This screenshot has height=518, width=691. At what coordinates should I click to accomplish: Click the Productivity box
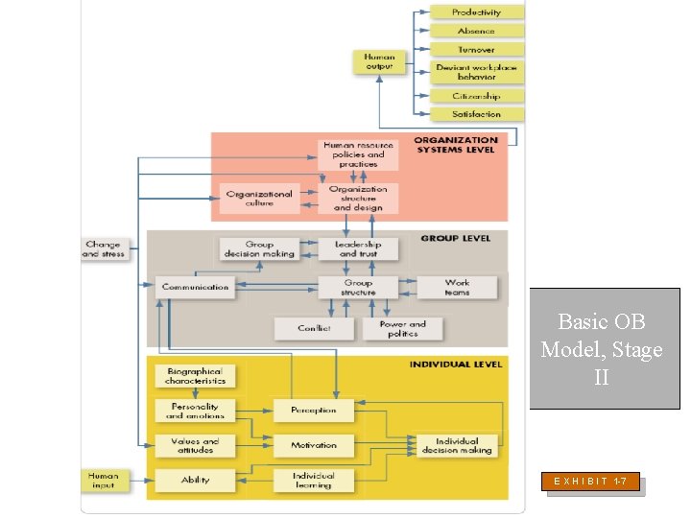pyautogui.click(x=477, y=12)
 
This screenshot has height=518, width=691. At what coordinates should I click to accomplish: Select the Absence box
pyautogui.click(x=477, y=31)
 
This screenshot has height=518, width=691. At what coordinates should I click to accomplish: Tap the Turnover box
pyautogui.click(x=477, y=49)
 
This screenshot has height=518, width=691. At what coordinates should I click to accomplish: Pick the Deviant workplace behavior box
pyautogui.click(x=477, y=72)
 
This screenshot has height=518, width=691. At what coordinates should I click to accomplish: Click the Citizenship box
pyautogui.click(x=477, y=96)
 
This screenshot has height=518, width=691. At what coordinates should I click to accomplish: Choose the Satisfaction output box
pyautogui.click(x=477, y=114)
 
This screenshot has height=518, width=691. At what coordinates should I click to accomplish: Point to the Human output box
pyautogui.click(x=379, y=61)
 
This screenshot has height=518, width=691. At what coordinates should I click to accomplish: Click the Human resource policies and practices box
pyautogui.click(x=358, y=154)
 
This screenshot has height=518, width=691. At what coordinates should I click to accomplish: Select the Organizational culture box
pyautogui.click(x=259, y=198)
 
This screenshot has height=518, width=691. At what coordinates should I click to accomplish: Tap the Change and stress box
pyautogui.click(x=103, y=249)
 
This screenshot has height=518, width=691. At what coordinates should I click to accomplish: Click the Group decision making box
pyautogui.click(x=259, y=249)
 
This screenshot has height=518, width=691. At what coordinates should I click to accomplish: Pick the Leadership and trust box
pyautogui.click(x=358, y=249)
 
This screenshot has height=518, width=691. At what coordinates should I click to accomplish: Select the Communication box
pyautogui.click(x=196, y=287)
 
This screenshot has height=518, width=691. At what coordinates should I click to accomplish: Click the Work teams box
pyautogui.click(x=457, y=287)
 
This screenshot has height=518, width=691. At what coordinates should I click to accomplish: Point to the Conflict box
pyautogui.click(x=314, y=328)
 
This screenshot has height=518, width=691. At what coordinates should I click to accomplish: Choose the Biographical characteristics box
pyautogui.click(x=196, y=376)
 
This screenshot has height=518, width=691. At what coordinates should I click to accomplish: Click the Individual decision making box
pyautogui.click(x=457, y=445)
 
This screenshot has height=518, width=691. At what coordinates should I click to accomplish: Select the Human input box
pyautogui.click(x=103, y=480)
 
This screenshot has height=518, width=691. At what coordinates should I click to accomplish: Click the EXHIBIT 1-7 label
pyautogui.click(x=591, y=481)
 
